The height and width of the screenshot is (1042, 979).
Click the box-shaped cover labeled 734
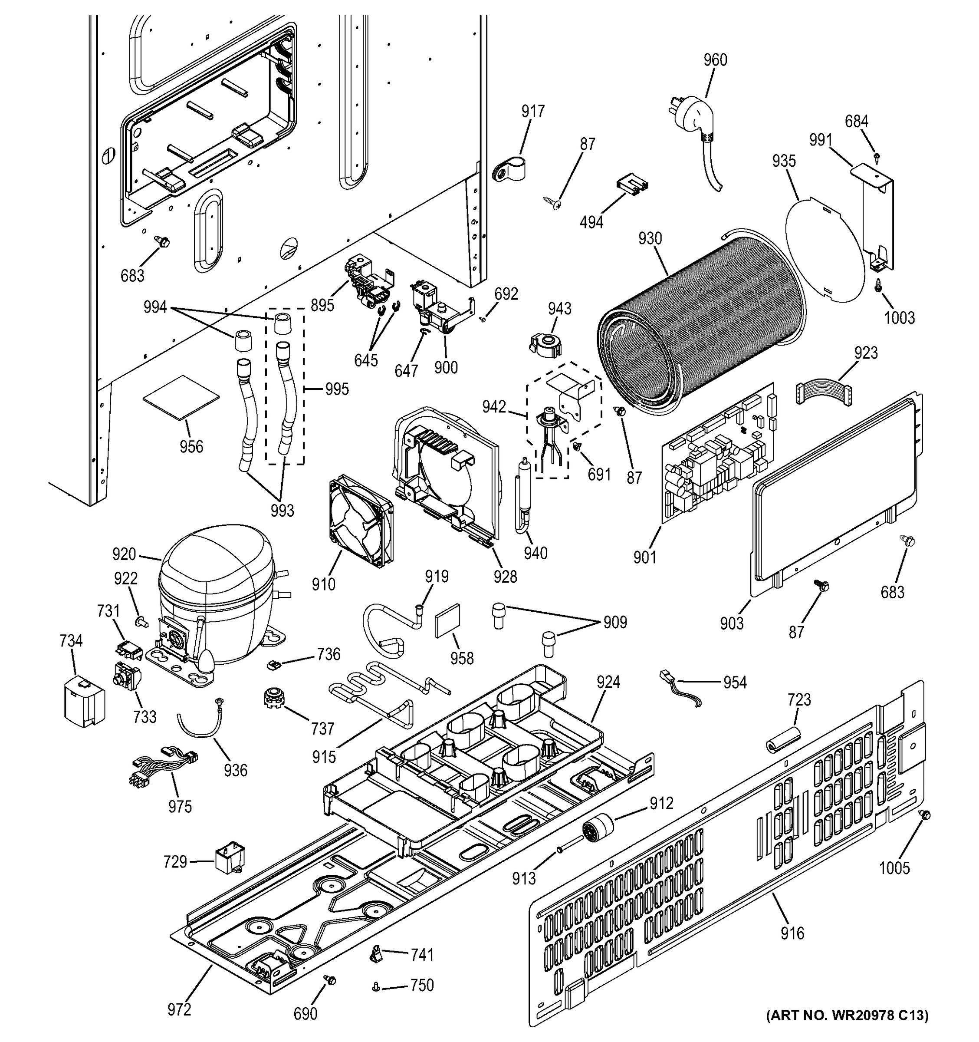click(x=84, y=702)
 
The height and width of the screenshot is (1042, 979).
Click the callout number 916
click(x=792, y=933)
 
